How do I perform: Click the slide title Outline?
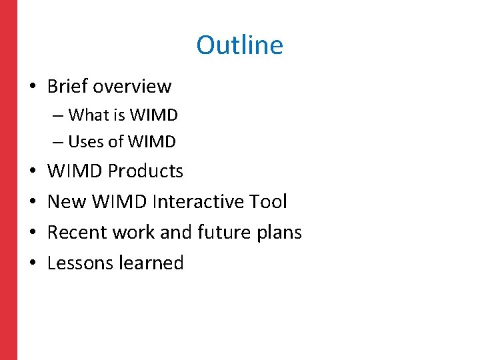pos(239,45)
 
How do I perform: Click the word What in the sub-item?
pos(88,115)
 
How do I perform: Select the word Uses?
pos(86,142)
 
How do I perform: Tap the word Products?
pos(145,171)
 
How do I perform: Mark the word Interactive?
pos(197,201)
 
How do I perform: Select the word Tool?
pos(267,201)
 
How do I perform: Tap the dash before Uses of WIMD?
pos(59,142)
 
